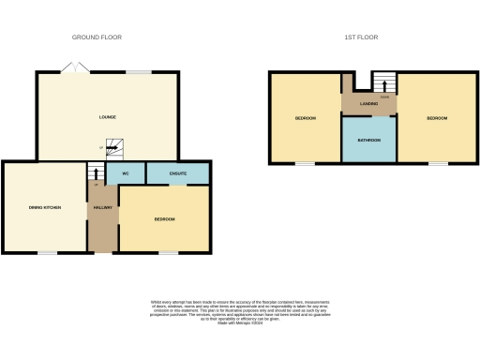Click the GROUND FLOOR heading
point(97,37)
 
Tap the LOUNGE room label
point(108,117)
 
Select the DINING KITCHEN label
point(44,207)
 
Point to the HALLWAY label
point(102,207)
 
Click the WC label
point(124,173)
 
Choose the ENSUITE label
point(177,173)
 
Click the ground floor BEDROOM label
point(164,218)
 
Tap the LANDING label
point(368,103)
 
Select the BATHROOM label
point(369,140)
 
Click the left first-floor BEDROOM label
point(305,118)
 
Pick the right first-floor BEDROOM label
point(437,118)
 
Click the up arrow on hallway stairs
point(96,172)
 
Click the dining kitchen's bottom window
point(45,253)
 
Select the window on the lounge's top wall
point(141,72)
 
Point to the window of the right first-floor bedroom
point(437,163)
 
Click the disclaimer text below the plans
point(240,312)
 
